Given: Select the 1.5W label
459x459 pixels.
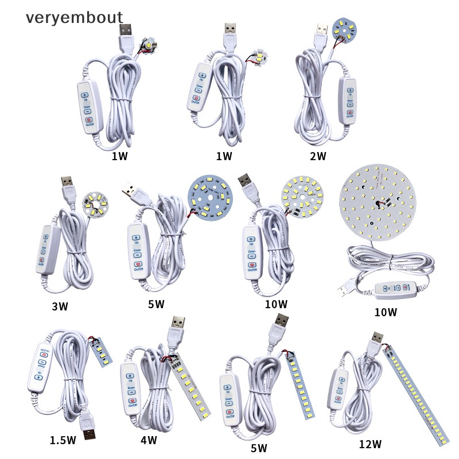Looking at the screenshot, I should (63, 440).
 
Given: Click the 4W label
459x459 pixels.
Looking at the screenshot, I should (149, 440).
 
